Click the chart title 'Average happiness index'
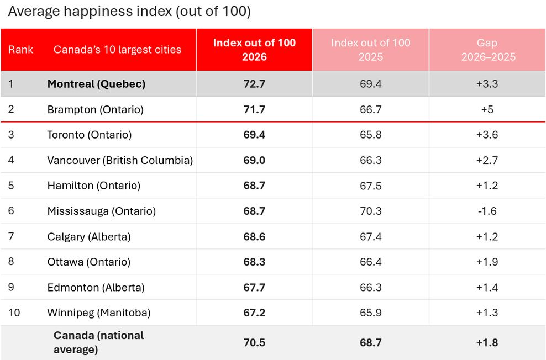click(90, 12)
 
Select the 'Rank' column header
click(20, 50)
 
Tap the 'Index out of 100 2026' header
click(254, 50)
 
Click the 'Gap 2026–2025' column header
click(487, 50)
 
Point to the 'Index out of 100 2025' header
click(370, 50)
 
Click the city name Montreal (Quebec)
click(97, 84)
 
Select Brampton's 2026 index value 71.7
click(254, 109)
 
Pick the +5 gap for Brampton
click(487, 109)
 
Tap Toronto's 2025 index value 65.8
click(370, 135)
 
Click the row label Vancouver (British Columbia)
click(120, 160)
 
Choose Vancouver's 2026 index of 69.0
click(254, 160)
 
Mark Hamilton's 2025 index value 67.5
click(370, 186)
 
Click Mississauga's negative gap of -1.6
click(487, 211)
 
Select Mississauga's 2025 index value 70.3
click(370, 211)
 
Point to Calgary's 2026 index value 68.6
click(254, 236)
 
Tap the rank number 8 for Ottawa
click(11, 262)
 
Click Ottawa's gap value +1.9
click(487, 262)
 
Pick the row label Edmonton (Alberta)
click(96, 288)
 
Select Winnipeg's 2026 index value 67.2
click(254, 313)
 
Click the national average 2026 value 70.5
click(254, 343)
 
